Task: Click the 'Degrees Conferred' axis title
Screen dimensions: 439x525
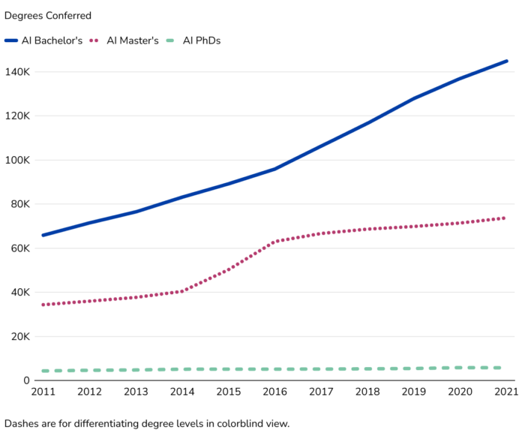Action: coord(48,16)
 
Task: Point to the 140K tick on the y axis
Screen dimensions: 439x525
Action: coord(16,72)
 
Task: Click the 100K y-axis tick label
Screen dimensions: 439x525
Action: coord(16,160)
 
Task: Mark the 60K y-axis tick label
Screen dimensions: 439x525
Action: coord(19,248)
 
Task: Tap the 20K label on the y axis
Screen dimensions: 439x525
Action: coord(19,336)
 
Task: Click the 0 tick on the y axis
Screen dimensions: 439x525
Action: coord(25,380)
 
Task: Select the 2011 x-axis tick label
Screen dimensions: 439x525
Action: coord(43,392)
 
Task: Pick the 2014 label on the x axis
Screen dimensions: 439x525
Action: coord(182,392)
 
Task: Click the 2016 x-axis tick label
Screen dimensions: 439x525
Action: coord(275,392)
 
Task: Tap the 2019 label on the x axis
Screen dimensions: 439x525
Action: coord(415,392)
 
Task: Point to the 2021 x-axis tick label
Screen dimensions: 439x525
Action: coord(506,392)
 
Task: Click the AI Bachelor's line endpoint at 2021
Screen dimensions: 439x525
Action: coord(507,61)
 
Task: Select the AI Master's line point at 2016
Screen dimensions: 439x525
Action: coord(275,242)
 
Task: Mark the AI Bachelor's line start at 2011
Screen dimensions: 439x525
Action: coord(43,235)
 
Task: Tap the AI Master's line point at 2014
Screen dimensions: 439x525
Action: coord(182,291)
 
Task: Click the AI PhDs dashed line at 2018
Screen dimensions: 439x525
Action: coord(368,368)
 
